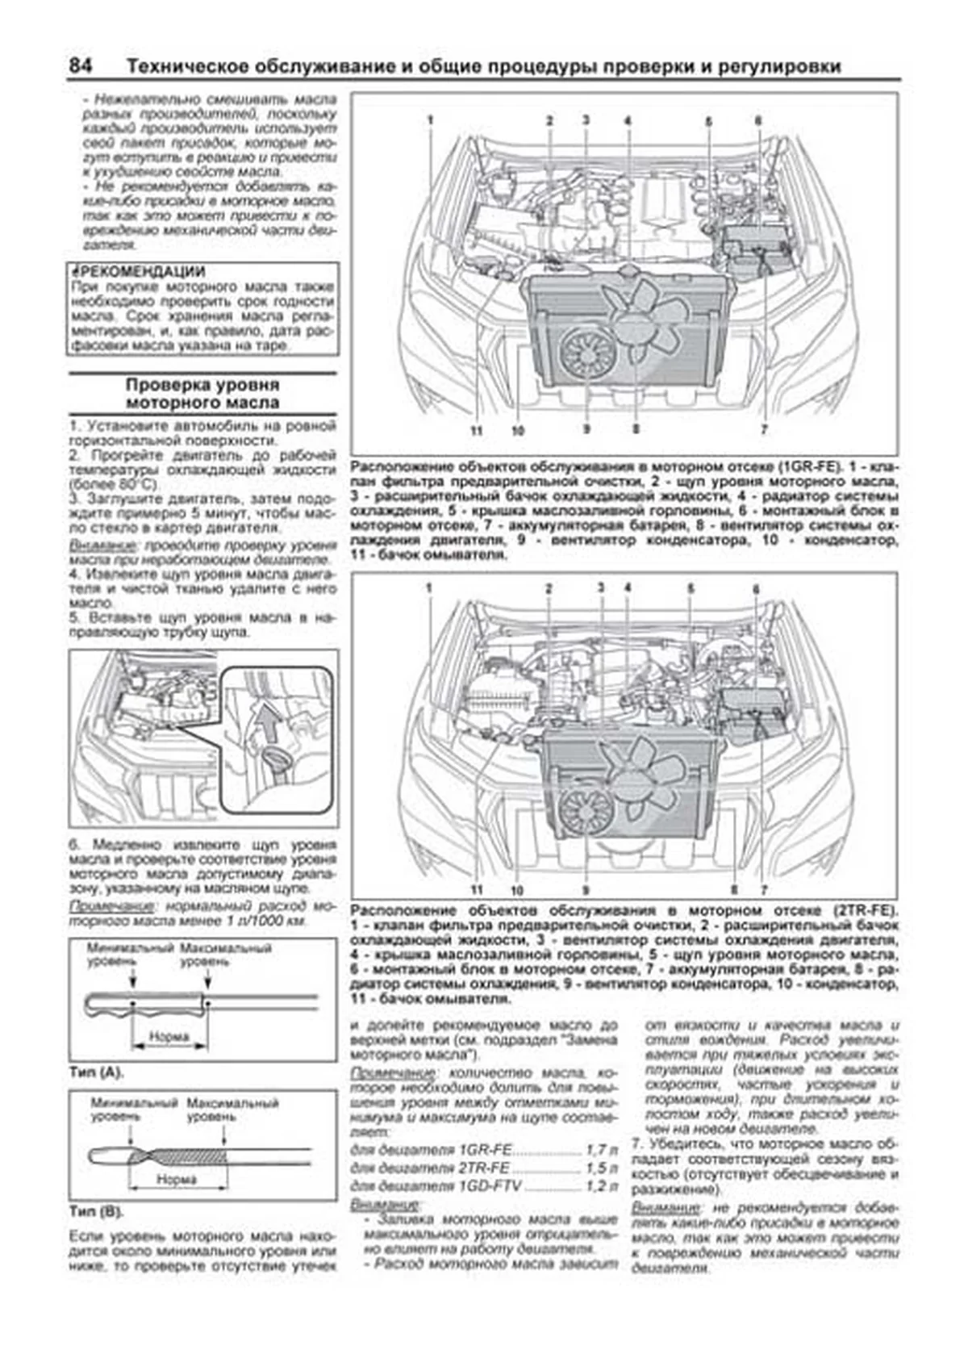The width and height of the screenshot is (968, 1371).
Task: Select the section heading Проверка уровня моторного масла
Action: [x=202, y=393]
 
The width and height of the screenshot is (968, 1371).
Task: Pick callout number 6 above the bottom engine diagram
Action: [x=756, y=589]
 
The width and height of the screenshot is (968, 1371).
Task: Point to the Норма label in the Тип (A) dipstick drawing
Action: [x=169, y=1035]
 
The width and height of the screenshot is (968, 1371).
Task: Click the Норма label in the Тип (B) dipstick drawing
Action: [x=177, y=1179]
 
